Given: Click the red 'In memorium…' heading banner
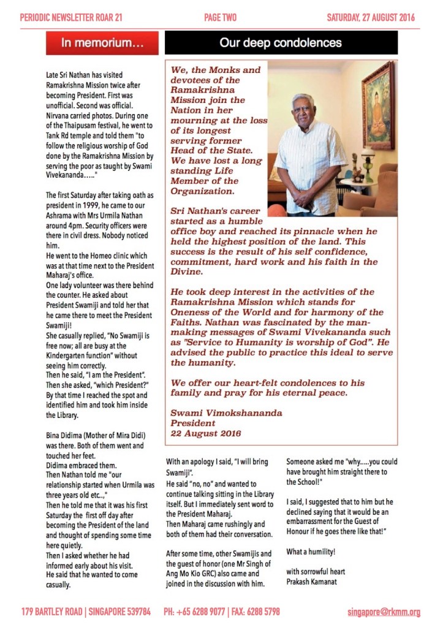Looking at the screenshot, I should pyautogui.click(x=103, y=43).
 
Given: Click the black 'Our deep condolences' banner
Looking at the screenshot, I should pyautogui.click(x=281, y=43).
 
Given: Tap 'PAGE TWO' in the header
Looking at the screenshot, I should pyautogui.click(x=221, y=18).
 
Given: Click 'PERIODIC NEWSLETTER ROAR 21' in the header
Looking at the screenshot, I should pyautogui.click(x=71, y=18).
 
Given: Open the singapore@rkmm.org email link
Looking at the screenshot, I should pyautogui.click(x=384, y=611).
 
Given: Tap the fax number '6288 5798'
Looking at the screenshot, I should pyautogui.click(x=265, y=611).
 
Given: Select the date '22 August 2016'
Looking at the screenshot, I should pyautogui.click(x=206, y=433).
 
